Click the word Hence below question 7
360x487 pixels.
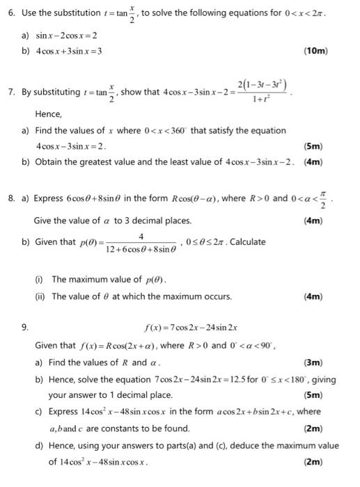pos(49,113)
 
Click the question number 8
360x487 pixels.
pos(12,198)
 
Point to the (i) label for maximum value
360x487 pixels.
pos(40,279)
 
